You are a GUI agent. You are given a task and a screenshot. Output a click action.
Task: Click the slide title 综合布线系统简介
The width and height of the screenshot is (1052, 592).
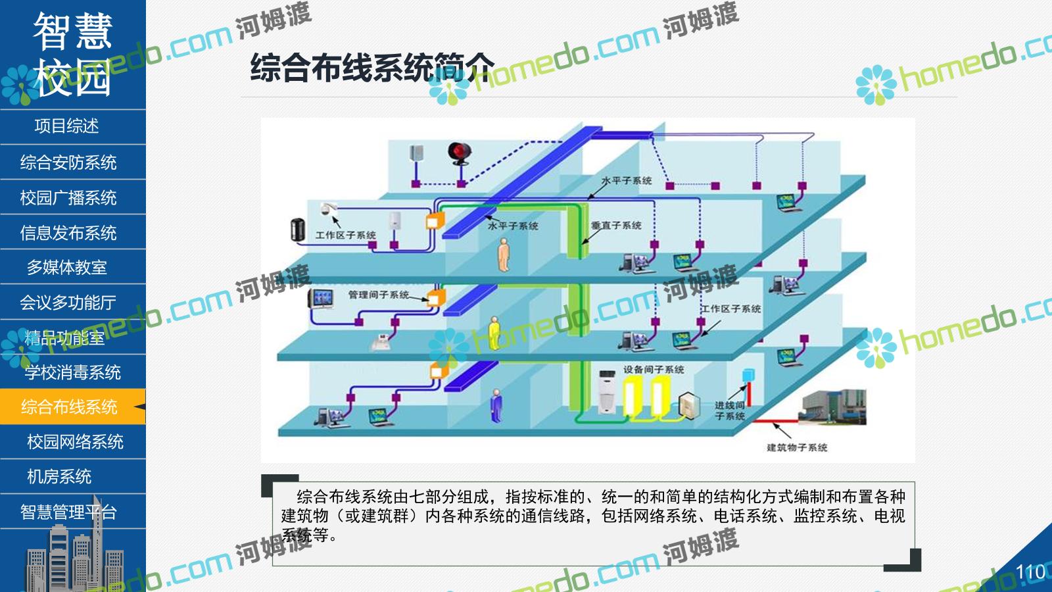coord(371,67)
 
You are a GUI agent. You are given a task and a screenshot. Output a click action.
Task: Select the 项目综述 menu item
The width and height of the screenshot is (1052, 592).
coord(66,126)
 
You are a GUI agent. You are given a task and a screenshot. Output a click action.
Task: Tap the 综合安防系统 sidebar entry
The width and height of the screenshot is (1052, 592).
coord(68,162)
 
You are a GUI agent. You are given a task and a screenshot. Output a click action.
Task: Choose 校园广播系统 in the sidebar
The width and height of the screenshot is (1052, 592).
coord(68,197)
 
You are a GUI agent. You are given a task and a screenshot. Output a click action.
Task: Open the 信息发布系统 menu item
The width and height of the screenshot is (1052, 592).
coord(68,233)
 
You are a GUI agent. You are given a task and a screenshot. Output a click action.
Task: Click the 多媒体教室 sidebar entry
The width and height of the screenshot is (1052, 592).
coord(66,268)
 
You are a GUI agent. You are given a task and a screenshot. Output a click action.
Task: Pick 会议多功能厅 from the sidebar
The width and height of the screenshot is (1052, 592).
coord(68,303)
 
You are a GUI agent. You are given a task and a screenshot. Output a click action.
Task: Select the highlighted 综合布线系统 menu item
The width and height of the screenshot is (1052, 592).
coord(69,407)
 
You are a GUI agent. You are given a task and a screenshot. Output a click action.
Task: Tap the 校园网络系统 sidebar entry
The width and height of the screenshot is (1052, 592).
coord(75,442)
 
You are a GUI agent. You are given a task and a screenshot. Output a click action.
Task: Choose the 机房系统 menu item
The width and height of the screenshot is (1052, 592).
coord(59,477)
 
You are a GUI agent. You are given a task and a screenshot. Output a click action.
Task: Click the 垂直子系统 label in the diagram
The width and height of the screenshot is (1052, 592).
coord(616,226)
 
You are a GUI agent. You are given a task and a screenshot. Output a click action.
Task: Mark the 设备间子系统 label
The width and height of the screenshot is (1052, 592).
coord(654,370)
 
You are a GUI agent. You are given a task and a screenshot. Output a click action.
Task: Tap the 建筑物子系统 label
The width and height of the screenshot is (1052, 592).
coord(796,448)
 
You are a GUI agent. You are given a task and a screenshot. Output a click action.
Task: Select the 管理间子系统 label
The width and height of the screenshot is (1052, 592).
coord(379,295)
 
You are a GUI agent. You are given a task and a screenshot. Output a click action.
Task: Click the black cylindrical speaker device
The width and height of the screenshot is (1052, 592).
coord(297,230)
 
